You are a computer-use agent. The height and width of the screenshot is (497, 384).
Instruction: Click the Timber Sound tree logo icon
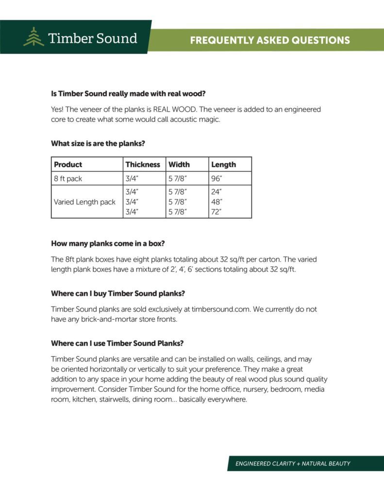(33, 37)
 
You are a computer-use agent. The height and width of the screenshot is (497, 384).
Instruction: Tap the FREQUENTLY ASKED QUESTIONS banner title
(270, 40)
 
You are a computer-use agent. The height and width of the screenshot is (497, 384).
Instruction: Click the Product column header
(68, 165)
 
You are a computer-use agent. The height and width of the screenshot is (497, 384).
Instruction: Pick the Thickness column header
(143, 165)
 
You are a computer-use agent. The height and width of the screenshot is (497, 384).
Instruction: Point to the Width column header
(179, 165)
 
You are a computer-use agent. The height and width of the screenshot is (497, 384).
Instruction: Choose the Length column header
(223, 165)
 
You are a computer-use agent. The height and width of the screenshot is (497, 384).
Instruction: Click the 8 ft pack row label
(68, 179)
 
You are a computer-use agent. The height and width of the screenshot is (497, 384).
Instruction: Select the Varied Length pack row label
(84, 202)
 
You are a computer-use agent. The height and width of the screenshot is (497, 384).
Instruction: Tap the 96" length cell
(217, 179)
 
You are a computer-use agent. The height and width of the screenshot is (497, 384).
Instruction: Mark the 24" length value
(217, 192)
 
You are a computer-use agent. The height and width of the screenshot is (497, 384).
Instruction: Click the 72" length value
(217, 211)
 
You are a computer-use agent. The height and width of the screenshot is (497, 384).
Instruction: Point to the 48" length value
(217, 202)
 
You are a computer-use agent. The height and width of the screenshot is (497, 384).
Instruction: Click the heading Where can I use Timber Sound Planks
(117, 344)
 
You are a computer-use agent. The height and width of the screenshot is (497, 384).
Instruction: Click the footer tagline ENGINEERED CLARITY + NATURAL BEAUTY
(293, 464)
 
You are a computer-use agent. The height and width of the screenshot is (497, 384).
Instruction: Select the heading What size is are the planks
(99, 144)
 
